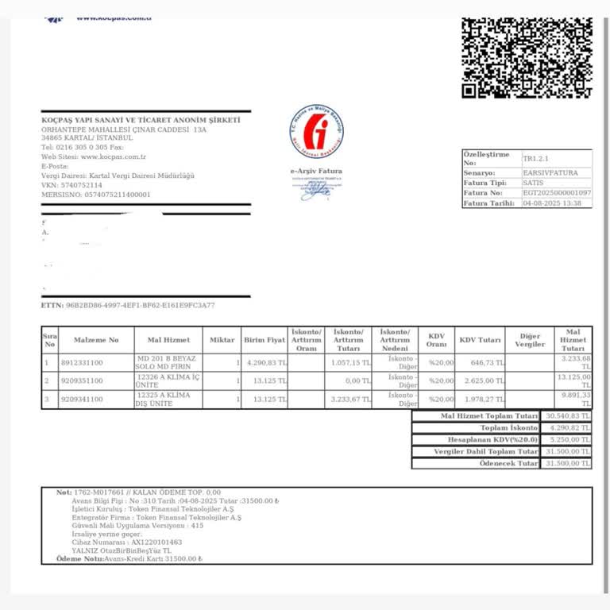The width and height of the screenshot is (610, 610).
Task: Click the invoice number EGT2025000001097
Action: [556, 193]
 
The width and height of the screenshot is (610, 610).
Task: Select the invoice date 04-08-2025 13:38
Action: [551, 203]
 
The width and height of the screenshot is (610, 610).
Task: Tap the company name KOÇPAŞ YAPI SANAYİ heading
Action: [141, 119]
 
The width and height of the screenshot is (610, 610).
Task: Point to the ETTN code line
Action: [127, 305]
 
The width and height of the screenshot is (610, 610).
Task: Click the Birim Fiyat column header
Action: [264, 340]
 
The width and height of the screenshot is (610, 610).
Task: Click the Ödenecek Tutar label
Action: [509, 463]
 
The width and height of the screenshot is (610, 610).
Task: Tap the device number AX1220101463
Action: [149, 542]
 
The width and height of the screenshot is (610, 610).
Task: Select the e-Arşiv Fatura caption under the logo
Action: [316, 171]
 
